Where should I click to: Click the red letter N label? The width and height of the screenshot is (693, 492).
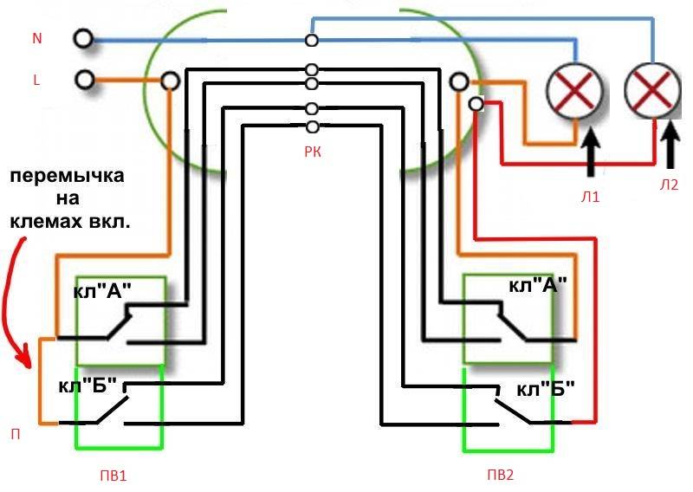pyautogui.click(x=36, y=39)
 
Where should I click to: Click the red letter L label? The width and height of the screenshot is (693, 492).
pyautogui.click(x=36, y=80)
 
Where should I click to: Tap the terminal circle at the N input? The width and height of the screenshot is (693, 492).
pyautogui.click(x=84, y=39)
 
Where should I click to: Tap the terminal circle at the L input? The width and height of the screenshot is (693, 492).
pyautogui.click(x=84, y=80)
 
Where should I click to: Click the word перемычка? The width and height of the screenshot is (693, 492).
pyautogui.click(x=67, y=176)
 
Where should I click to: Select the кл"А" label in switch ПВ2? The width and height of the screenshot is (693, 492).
pyautogui.click(x=537, y=286)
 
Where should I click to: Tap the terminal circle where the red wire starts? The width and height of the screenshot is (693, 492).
pyautogui.click(x=475, y=104)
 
